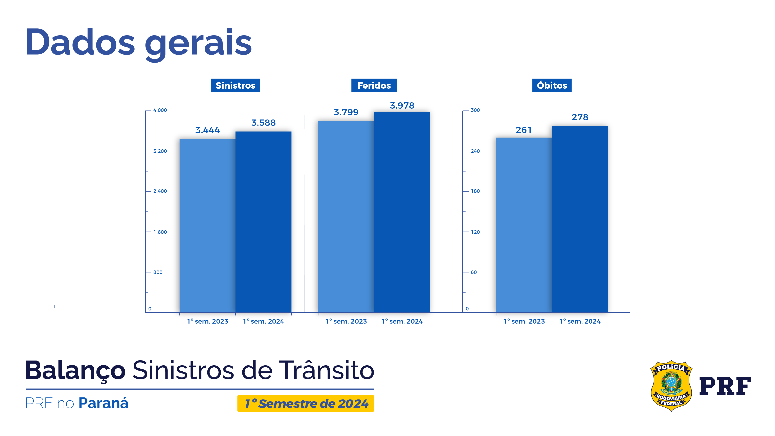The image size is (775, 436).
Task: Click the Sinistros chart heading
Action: click(x=235, y=85)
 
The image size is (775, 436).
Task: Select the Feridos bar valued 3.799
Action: click(x=346, y=216)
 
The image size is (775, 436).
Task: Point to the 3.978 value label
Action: click(x=402, y=106)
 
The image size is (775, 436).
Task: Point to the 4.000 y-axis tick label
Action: click(x=160, y=110)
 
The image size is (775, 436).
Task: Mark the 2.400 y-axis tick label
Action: click(x=160, y=191)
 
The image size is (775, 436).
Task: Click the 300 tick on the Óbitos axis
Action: click(x=475, y=110)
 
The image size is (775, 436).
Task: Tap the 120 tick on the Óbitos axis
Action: click(x=475, y=232)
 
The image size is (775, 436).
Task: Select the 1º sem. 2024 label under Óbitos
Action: click(x=580, y=321)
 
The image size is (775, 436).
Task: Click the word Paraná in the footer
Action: click(x=104, y=403)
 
